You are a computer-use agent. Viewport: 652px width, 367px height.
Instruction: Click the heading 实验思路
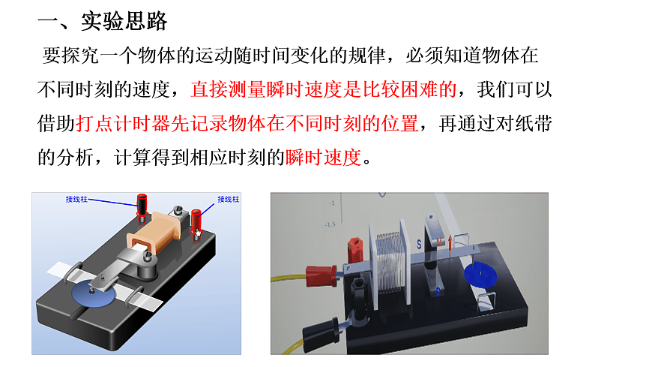(x=124, y=21)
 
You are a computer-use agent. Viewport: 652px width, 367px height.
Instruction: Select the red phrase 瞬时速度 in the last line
(x=324, y=158)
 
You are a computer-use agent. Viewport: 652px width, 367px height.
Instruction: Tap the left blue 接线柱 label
(x=76, y=200)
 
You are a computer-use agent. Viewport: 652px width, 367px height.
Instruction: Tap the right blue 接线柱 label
(x=229, y=200)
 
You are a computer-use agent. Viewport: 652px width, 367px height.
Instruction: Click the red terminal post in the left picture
(x=196, y=224)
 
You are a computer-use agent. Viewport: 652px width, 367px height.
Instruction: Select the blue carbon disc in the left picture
(x=93, y=294)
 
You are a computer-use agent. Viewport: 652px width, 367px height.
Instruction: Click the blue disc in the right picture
(x=480, y=274)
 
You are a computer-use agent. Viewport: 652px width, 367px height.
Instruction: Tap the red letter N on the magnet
(x=438, y=241)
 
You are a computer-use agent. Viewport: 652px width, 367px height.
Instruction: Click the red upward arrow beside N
(x=450, y=243)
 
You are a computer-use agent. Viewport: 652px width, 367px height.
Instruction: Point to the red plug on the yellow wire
(x=322, y=275)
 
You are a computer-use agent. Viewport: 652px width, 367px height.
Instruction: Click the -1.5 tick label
(x=330, y=224)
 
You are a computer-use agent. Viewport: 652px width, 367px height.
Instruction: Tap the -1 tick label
(x=332, y=203)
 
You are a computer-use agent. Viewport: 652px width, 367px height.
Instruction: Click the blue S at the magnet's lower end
(x=438, y=291)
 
